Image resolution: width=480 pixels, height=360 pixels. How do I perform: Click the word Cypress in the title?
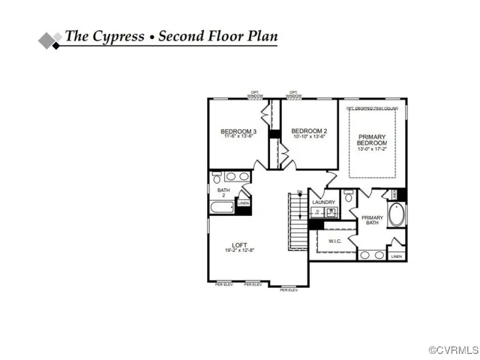(x=118, y=35)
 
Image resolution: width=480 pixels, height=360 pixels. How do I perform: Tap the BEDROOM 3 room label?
(x=238, y=132)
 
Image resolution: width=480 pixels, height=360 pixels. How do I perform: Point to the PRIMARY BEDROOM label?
(x=371, y=139)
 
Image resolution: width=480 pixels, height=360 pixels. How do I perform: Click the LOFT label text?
(x=239, y=245)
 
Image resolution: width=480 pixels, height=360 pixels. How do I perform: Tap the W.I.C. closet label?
(x=334, y=241)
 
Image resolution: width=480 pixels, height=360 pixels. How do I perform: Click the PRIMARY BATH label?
(x=372, y=220)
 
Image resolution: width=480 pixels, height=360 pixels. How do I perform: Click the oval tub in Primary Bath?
(x=396, y=217)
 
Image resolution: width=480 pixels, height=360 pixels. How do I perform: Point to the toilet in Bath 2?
(x=216, y=178)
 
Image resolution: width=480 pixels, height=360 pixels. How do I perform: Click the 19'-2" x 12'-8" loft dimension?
(x=239, y=250)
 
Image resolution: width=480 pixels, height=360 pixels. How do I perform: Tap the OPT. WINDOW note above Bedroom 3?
(x=256, y=95)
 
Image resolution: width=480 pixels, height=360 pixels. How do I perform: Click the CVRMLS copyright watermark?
(x=453, y=350)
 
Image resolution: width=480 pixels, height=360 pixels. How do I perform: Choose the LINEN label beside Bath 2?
(x=243, y=202)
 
